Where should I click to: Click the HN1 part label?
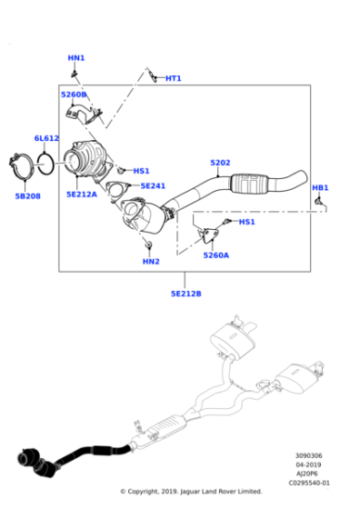click(x=76, y=58)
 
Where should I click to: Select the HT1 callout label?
click(x=173, y=78)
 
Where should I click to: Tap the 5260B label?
click(x=74, y=95)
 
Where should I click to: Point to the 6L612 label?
click(x=46, y=138)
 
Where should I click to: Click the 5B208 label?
click(x=27, y=195)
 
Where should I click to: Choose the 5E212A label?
click(x=82, y=194)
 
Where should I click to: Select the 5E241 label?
click(x=153, y=185)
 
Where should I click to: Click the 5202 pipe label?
click(x=220, y=164)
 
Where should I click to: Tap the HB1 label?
click(x=320, y=188)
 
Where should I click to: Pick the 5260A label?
click(x=215, y=255)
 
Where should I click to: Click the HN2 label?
click(x=151, y=262)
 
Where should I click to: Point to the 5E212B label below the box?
click(x=185, y=294)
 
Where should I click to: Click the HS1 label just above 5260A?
click(x=247, y=222)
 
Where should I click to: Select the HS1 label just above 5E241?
click(x=141, y=171)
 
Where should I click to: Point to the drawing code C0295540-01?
click(x=310, y=483)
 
